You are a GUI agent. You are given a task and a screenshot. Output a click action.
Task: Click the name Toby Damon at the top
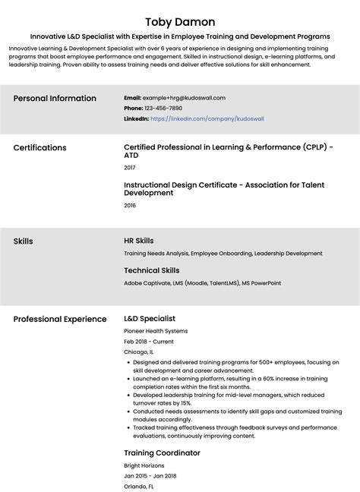pyautogui.click(x=179, y=21)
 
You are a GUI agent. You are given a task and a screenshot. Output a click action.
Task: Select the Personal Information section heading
pyautogui.click(x=55, y=99)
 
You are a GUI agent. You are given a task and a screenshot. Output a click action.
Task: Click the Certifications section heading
pyautogui.click(x=39, y=148)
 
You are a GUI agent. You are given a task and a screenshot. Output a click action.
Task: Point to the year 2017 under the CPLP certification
pyautogui.click(x=129, y=167)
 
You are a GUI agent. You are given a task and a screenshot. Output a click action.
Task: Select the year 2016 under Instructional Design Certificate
pyautogui.click(x=129, y=205)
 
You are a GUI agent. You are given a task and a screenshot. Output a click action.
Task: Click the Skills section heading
pyautogui.click(x=23, y=241)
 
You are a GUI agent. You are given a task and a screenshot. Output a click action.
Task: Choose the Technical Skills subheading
pyautogui.click(x=151, y=270)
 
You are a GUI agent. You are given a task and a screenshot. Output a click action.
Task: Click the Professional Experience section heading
pyautogui.click(x=60, y=319)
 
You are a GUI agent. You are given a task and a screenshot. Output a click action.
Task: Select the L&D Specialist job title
pyautogui.click(x=150, y=319)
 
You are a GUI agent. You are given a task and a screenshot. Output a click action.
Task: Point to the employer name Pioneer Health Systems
pyautogui.click(x=155, y=331)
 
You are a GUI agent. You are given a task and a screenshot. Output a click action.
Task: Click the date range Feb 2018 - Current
pyautogui.click(x=148, y=342)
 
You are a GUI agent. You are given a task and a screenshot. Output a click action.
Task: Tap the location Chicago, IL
pyautogui.click(x=138, y=352)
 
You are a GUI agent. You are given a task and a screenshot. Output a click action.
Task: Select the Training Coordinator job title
pyautogui.click(x=162, y=453)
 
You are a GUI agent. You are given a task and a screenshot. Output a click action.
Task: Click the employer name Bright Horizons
pyautogui.click(x=144, y=465)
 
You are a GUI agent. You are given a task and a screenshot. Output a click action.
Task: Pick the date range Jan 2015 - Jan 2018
pyautogui.click(x=150, y=476)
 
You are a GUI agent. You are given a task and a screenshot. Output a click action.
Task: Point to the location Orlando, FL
pyautogui.click(x=139, y=487)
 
